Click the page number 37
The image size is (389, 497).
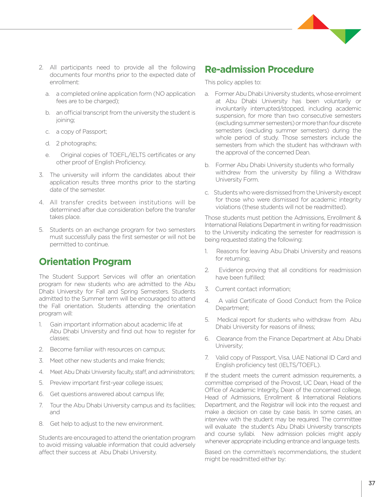(372, 483)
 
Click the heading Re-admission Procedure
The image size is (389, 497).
(259, 69)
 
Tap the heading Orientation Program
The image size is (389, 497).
(85, 262)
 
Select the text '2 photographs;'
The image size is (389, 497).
(76, 143)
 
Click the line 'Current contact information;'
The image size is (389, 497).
(253, 289)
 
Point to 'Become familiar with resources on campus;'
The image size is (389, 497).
(108, 349)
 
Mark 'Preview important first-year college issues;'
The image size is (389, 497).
(106, 383)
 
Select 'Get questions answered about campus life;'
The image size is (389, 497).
(107, 394)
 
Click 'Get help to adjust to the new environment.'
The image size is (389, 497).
(106, 424)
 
